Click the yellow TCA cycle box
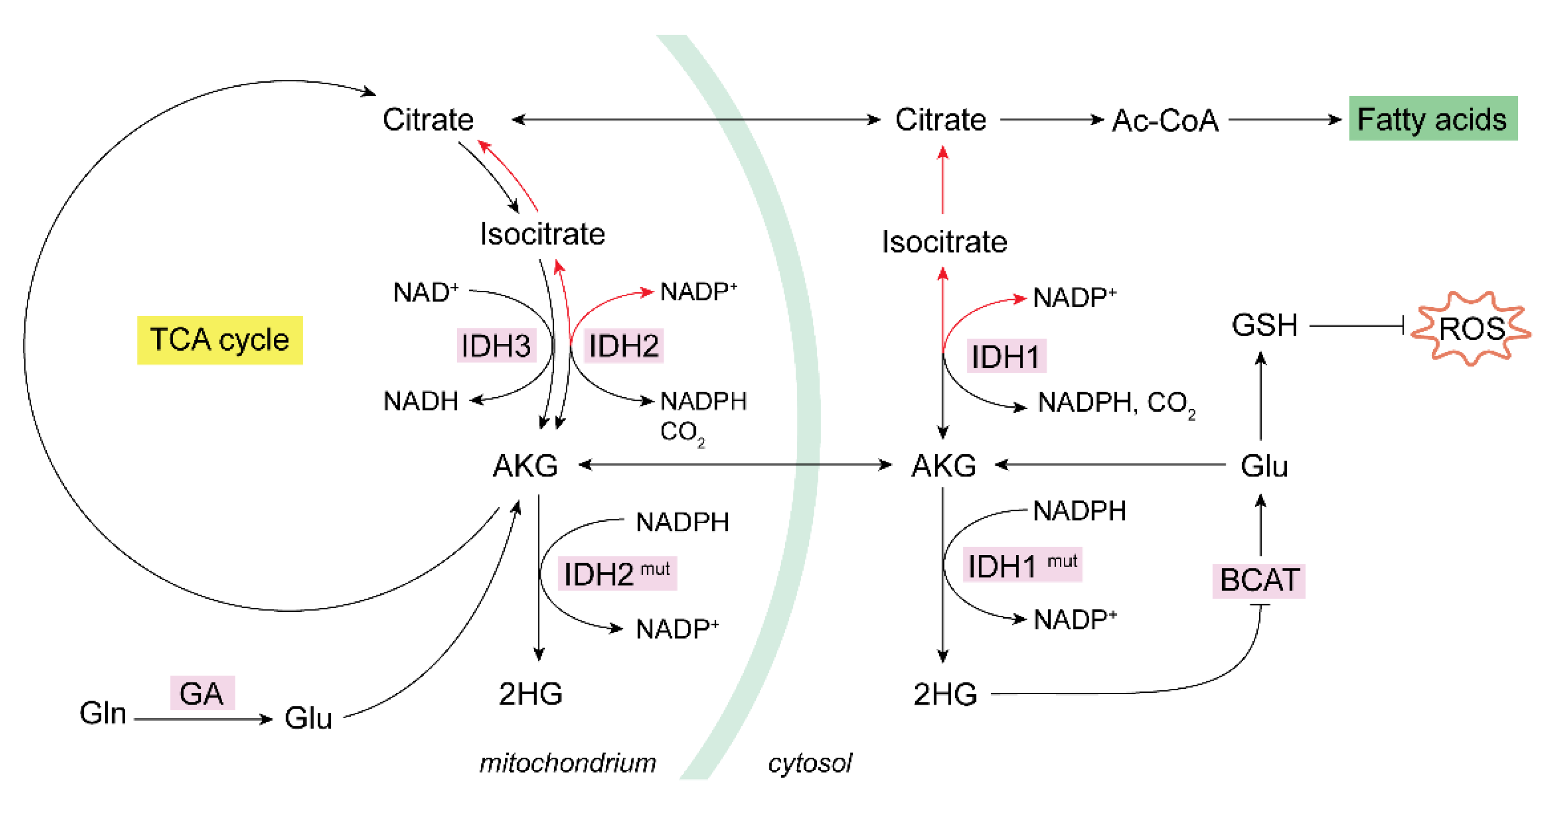tap(219, 340)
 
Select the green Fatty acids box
tap(1432, 118)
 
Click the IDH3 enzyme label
tap(496, 346)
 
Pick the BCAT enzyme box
tap(1259, 580)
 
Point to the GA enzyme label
tap(202, 693)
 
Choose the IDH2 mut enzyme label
tap(616, 573)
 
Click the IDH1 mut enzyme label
tap(1021, 565)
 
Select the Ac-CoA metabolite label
tap(1165, 120)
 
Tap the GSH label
tap(1264, 325)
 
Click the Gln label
tap(103, 713)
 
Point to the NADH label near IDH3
tap(421, 401)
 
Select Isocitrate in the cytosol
tap(944, 242)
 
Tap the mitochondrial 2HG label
tap(530, 694)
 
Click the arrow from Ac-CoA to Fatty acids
tap(1284, 119)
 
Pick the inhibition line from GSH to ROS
tap(1356, 326)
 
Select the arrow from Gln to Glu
tap(202, 719)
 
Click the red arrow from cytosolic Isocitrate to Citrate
tap(942, 181)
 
